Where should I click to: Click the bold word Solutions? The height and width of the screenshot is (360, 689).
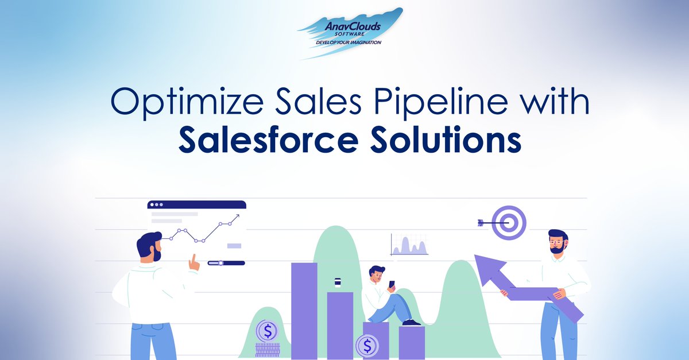click(x=454, y=141)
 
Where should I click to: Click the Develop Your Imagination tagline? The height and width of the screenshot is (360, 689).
click(x=349, y=42)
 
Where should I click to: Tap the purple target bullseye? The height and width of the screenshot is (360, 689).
click(x=509, y=223)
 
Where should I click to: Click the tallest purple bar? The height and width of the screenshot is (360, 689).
click(x=304, y=310)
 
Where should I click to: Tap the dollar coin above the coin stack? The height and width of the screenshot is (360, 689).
click(x=266, y=331)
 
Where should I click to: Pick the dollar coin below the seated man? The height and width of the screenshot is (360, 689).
click(x=367, y=346)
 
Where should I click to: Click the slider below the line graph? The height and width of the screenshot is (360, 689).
click(x=226, y=263)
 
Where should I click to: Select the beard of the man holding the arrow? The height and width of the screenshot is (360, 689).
click(x=556, y=249)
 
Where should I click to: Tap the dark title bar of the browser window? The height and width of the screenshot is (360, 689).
click(x=196, y=204)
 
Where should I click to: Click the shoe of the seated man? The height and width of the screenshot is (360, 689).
click(x=411, y=323)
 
